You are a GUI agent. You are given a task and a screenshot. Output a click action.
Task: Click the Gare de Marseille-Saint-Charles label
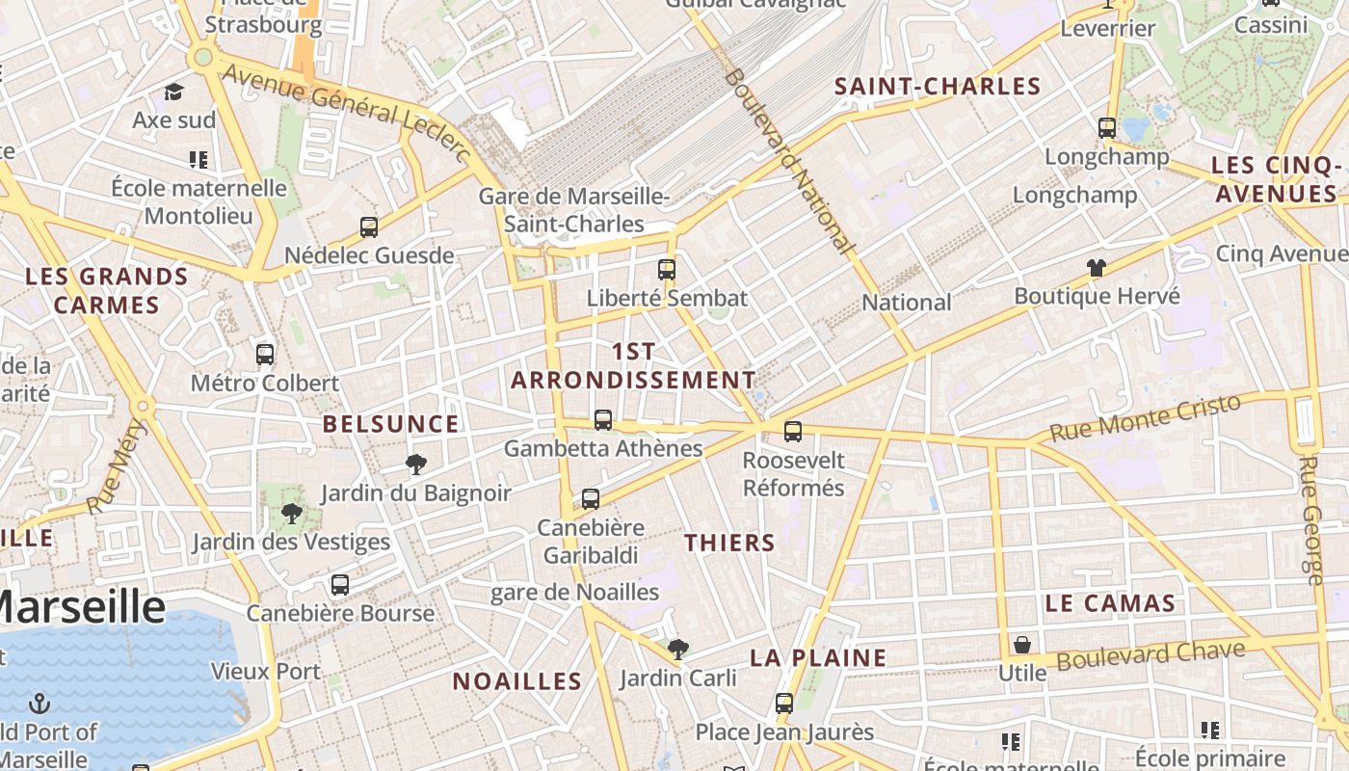(x=575, y=210)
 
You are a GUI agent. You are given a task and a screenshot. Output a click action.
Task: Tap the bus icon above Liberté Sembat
(x=667, y=270)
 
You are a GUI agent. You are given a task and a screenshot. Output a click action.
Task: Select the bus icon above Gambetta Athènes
(x=603, y=420)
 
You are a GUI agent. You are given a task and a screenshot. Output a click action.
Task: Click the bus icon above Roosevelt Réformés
(x=793, y=432)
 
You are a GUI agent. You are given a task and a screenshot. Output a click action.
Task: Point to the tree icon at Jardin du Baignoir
(x=416, y=465)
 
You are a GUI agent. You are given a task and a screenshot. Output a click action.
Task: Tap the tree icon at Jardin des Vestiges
(x=292, y=514)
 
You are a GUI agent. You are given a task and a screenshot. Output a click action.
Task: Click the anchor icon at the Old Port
(x=40, y=703)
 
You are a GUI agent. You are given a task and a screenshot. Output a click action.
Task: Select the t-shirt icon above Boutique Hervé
(x=1097, y=268)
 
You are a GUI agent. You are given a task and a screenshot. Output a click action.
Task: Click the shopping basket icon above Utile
(x=1022, y=645)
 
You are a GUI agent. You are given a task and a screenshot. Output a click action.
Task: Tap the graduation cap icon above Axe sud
(x=173, y=93)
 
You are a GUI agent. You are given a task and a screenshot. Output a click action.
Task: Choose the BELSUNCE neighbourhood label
(x=390, y=424)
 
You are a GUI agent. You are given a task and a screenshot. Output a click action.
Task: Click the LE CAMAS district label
(x=1110, y=604)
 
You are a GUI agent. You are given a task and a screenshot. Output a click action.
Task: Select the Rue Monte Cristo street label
(x=1145, y=418)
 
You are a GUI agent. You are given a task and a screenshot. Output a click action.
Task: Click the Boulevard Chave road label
(x=1151, y=655)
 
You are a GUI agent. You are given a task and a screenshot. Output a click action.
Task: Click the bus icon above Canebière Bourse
(x=339, y=585)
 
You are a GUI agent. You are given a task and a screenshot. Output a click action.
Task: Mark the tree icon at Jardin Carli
(x=678, y=650)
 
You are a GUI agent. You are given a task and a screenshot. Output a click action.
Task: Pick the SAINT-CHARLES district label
(x=938, y=87)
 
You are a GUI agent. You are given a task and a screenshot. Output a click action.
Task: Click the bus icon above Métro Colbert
(x=265, y=355)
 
